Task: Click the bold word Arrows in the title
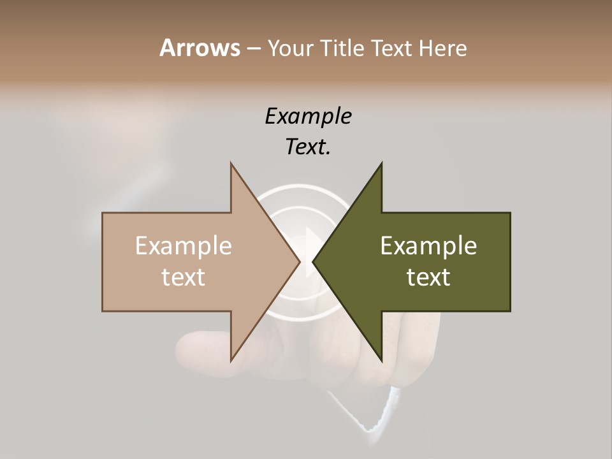pyautogui.click(x=200, y=48)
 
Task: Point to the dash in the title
pyautogui.click(x=253, y=49)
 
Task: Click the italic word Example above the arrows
pyautogui.click(x=308, y=116)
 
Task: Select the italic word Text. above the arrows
pyautogui.click(x=308, y=147)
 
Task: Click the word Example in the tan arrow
pyautogui.click(x=184, y=245)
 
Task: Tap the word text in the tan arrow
pyautogui.click(x=184, y=277)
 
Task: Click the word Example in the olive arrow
pyautogui.click(x=428, y=245)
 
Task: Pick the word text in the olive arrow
pyautogui.click(x=428, y=277)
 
